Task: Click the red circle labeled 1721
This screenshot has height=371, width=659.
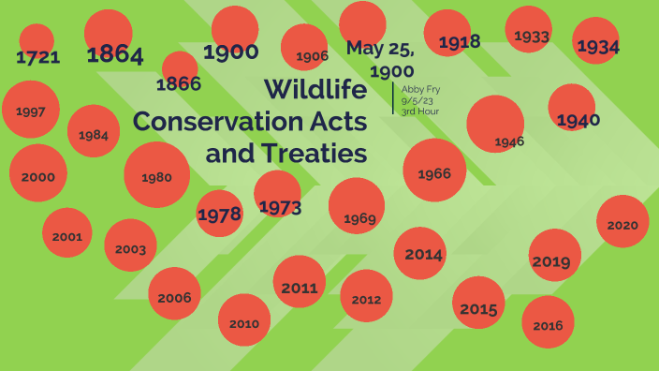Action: point(37,42)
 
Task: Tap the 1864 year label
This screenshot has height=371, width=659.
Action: point(114,55)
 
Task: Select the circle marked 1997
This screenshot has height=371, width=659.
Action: point(31,111)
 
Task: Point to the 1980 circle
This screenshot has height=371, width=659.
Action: point(156,175)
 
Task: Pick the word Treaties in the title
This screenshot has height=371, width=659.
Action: point(286,153)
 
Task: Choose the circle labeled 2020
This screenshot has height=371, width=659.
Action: point(622,223)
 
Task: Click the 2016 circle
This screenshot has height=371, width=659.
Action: point(548,324)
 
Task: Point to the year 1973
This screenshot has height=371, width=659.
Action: point(279,207)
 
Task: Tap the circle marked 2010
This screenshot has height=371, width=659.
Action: point(244,321)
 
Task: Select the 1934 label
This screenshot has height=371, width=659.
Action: point(597,46)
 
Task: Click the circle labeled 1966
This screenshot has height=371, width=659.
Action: point(434,171)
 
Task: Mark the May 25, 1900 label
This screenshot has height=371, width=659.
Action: point(380,59)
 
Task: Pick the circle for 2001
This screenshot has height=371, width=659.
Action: point(66,234)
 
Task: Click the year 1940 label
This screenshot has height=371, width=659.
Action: point(578,120)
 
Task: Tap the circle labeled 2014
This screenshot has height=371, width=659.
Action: point(420,254)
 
